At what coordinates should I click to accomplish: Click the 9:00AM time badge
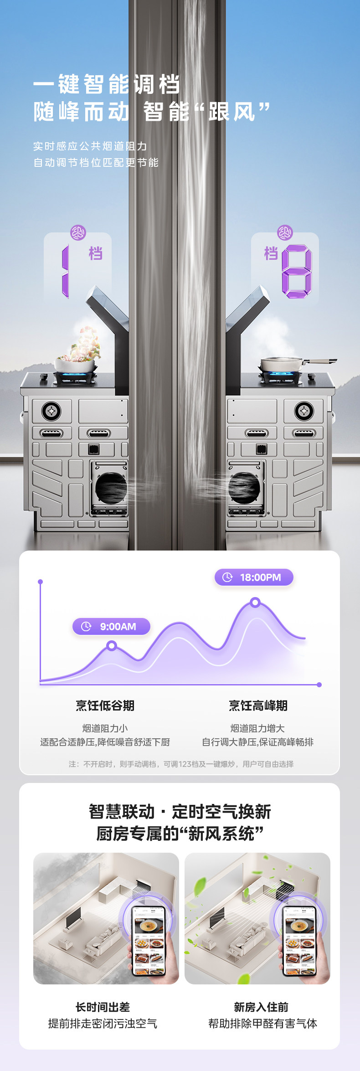[x=111, y=626]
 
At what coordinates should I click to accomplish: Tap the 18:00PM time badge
[x=254, y=577]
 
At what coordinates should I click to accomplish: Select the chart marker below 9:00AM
[x=112, y=646]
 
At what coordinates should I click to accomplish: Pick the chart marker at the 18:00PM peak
[x=255, y=603]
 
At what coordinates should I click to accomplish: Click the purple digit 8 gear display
[x=297, y=271]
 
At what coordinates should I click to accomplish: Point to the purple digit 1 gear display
[x=66, y=271]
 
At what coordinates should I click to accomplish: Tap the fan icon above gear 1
[x=78, y=233]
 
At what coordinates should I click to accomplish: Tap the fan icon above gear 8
[x=285, y=233]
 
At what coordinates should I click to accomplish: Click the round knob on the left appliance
[x=51, y=411]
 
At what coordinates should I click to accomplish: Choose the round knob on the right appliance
[x=303, y=411]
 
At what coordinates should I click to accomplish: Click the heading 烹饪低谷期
[x=105, y=705]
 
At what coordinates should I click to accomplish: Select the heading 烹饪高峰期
[x=258, y=705]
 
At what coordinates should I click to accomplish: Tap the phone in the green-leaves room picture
[x=300, y=941]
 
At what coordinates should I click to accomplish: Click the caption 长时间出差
[x=103, y=1007]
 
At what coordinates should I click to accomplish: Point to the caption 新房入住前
[x=261, y=1007]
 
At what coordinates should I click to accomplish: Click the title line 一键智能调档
[x=107, y=84]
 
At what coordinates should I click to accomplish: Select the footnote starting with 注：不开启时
[x=181, y=764]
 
